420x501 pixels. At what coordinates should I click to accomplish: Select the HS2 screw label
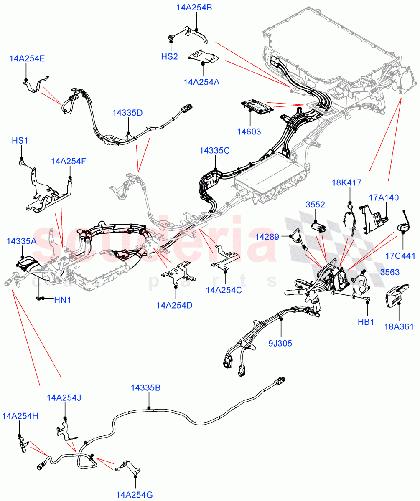(x=169, y=56)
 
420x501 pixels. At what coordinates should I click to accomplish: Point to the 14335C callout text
(x=214, y=151)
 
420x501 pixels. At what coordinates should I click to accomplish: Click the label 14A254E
(x=27, y=58)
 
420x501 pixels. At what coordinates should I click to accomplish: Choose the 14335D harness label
(x=127, y=113)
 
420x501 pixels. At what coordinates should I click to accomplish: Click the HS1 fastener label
(x=20, y=141)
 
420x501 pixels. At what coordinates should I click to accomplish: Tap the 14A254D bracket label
(x=175, y=305)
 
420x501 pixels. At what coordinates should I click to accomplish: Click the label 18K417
(x=346, y=182)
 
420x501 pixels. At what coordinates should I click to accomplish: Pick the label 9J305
(x=280, y=344)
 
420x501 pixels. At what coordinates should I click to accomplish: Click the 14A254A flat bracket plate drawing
(x=204, y=57)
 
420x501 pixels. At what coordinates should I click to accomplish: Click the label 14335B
(x=145, y=387)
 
